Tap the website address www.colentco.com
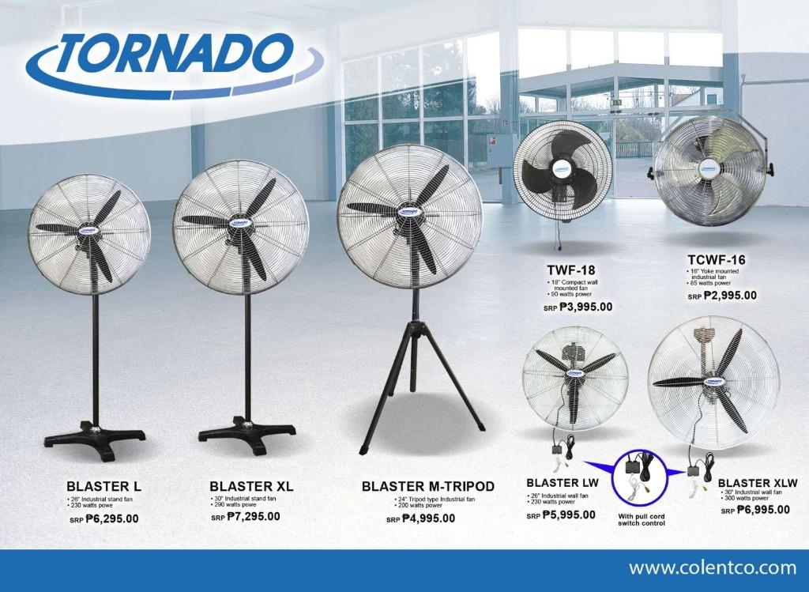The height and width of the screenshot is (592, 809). (x=712, y=567)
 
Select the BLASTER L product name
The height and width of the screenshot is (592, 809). (x=103, y=486)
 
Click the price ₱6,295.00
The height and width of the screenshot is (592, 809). (x=111, y=519)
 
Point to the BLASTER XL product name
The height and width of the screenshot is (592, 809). (x=251, y=486)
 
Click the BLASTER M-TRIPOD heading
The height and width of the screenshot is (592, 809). (x=427, y=486)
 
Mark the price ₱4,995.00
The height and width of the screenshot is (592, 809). (x=427, y=518)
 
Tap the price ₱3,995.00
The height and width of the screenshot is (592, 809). (x=585, y=307)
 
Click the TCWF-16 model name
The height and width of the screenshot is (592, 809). (x=716, y=259)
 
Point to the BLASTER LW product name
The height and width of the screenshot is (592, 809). (x=563, y=483)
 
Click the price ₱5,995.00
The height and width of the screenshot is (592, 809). (x=568, y=515)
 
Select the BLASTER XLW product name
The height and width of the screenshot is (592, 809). (x=758, y=483)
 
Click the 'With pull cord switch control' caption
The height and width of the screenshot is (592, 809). (x=641, y=520)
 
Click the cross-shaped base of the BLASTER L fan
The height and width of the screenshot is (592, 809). (x=95, y=439)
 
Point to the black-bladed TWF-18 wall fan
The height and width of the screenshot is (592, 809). (x=563, y=169)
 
